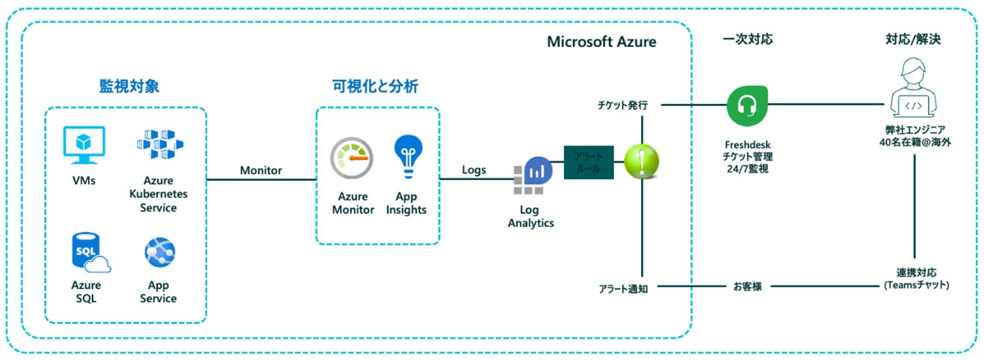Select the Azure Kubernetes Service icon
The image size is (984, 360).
point(158,146)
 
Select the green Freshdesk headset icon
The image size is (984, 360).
point(748,105)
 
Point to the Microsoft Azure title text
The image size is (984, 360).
point(601,42)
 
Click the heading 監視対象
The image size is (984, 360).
point(129,86)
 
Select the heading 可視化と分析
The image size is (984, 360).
point(375,86)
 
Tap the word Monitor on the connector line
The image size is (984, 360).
point(261,170)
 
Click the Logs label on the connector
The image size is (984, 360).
point(474,170)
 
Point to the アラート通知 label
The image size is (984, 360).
point(623,288)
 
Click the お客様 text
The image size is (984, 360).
point(746,286)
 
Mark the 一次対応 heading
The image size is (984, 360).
point(748,39)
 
